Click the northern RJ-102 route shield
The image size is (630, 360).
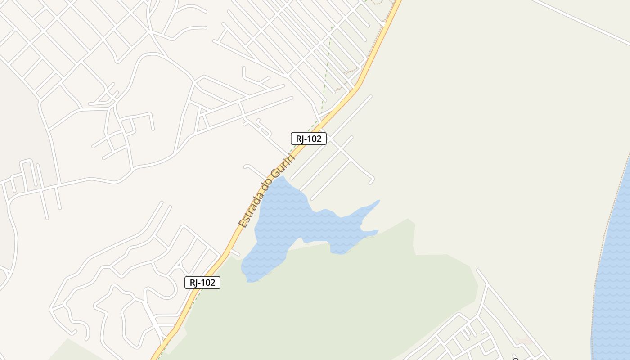[x=308, y=139]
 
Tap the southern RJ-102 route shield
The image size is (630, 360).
[x=202, y=283]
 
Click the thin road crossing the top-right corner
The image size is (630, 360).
[x=580, y=20]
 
